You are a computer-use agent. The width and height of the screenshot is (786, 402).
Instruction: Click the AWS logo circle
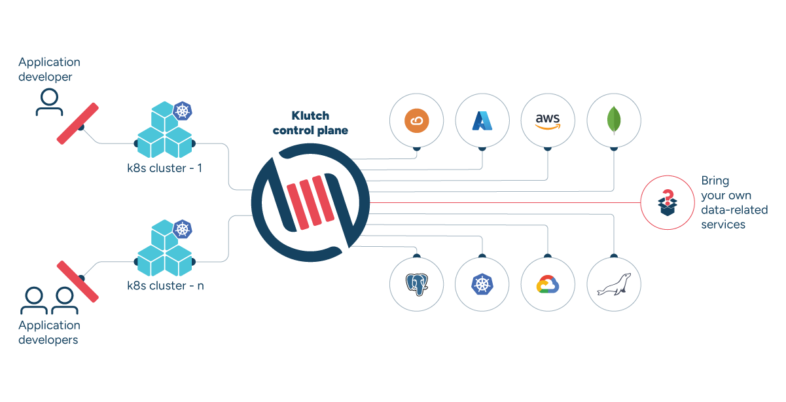(548, 120)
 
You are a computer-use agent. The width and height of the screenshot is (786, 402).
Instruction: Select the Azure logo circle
(482, 120)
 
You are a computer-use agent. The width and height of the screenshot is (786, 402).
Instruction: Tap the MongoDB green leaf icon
(614, 120)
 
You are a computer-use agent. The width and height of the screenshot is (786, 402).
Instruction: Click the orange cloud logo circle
(416, 120)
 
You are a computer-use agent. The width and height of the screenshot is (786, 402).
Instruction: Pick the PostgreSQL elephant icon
(416, 284)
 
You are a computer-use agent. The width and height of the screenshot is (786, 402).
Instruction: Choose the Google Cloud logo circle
(548, 284)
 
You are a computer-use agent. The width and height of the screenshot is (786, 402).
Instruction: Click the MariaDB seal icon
(614, 284)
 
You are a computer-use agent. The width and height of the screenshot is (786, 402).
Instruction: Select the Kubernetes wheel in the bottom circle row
(482, 284)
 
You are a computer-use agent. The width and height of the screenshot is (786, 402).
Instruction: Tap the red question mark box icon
(666, 202)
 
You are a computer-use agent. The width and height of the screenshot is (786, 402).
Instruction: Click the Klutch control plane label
(310, 122)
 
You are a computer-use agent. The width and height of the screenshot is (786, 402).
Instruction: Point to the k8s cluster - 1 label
(164, 168)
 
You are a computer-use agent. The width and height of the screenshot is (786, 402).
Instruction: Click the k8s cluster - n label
(165, 285)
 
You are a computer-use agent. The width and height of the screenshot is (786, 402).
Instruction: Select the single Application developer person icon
(49, 103)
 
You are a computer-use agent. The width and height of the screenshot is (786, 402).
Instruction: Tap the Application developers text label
(49, 332)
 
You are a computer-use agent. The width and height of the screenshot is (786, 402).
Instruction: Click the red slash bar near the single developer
(77, 123)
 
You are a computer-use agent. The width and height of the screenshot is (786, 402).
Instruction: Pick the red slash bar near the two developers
(77, 282)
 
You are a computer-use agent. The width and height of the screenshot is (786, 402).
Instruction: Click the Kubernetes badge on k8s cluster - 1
(183, 111)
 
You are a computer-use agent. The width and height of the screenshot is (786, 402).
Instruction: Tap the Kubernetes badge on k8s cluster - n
(183, 229)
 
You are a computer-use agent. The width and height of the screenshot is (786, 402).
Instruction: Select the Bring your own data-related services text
(734, 202)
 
